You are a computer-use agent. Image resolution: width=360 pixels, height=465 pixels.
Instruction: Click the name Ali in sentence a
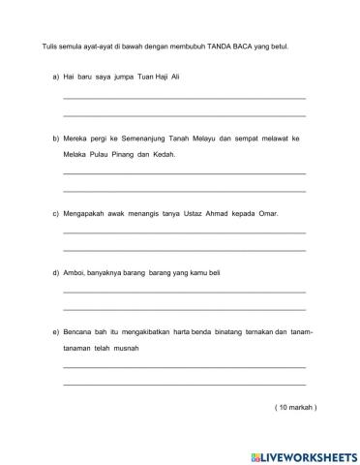pos(174,75)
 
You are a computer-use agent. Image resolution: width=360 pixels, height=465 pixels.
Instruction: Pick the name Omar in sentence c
pos(265,212)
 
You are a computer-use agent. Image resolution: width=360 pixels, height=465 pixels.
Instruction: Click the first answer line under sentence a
pos(184,98)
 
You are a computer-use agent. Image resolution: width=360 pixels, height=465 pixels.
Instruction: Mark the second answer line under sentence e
pos(184,385)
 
